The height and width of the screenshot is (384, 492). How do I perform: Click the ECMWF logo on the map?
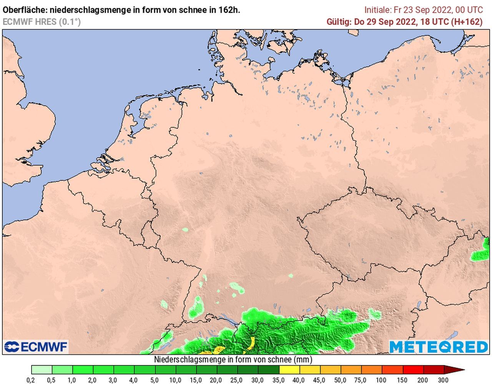[36, 347]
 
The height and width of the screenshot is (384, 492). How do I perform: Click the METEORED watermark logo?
[439, 347]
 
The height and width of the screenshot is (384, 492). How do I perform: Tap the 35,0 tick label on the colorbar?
[279, 381]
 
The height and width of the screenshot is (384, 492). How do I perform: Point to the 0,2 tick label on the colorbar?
[31, 381]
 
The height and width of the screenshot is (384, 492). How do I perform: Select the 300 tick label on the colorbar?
[443, 381]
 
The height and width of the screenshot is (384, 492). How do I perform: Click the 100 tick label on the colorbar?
[382, 381]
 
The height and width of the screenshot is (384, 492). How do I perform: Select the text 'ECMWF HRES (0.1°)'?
[42, 22]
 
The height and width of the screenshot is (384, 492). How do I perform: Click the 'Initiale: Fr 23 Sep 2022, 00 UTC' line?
[423, 10]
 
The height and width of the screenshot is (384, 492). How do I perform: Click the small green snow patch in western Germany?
[185, 230]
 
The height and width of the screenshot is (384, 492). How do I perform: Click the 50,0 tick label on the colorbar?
[340, 381]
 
